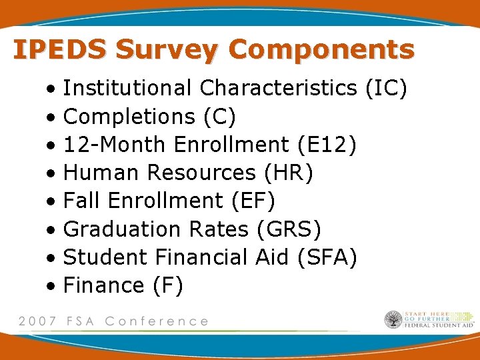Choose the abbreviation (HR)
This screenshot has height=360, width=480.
288,173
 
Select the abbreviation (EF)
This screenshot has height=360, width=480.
253,201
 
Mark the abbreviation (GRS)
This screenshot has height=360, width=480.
289,229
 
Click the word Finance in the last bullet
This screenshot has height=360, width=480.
103,285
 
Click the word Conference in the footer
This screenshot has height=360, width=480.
157,321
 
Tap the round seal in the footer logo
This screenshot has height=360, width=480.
393,320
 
